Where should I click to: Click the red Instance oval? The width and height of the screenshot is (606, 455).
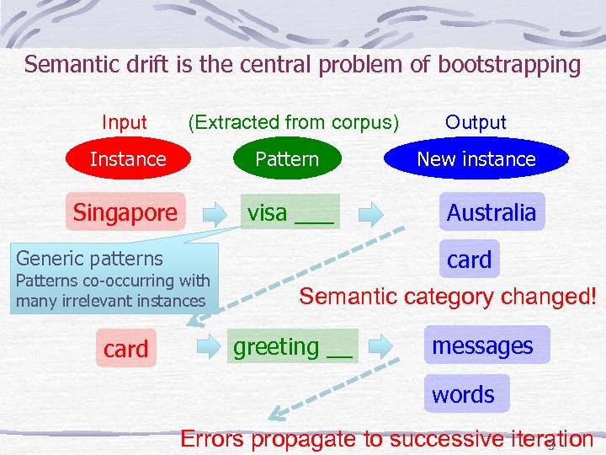[x=128, y=159]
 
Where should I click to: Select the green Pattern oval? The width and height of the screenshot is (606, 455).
[x=287, y=159]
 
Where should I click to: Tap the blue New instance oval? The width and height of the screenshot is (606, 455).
[x=476, y=159]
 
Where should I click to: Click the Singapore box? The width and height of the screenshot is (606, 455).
[x=125, y=213]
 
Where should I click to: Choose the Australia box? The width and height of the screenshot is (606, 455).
[x=492, y=212]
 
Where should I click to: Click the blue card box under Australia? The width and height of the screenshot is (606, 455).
[x=469, y=260]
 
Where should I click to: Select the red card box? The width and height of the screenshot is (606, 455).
[x=125, y=348]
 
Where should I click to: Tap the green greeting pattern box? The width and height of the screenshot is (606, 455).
[x=292, y=347]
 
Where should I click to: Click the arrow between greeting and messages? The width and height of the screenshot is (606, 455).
[x=381, y=345]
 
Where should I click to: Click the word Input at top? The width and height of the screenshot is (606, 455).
[x=124, y=122]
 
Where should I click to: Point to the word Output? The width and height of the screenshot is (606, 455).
[x=476, y=122]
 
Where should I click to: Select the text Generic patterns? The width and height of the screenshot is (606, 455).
[x=89, y=258]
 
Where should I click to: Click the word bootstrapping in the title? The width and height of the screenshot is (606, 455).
[x=509, y=65]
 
